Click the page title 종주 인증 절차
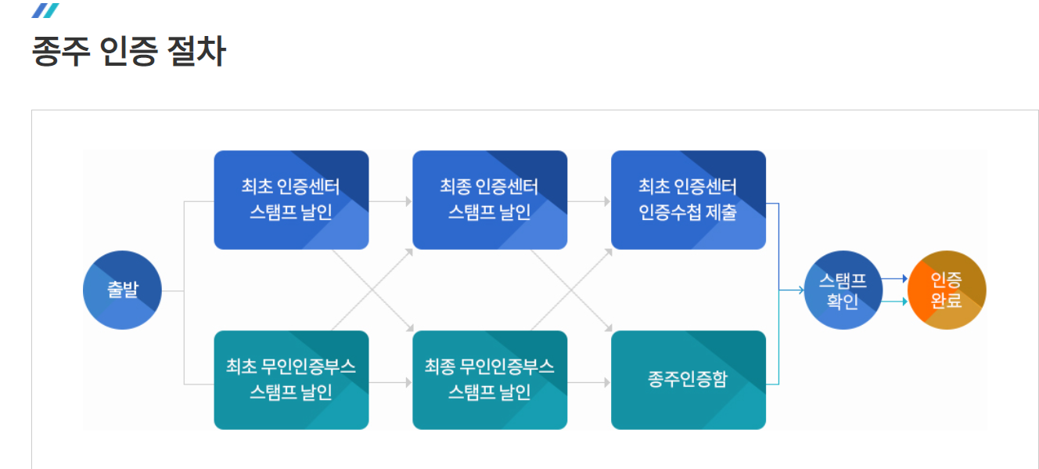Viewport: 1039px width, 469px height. (128, 52)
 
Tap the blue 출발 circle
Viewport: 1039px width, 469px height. (122, 290)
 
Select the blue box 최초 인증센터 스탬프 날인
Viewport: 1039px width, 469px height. (291, 200)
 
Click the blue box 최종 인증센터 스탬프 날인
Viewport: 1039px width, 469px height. (490, 200)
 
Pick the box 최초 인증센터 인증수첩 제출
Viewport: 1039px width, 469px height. (688, 200)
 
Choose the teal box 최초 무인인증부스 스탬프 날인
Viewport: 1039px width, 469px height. (291, 380)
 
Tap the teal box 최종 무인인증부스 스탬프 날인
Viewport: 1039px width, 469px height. (490, 380)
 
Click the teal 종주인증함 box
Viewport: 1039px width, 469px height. (688, 380)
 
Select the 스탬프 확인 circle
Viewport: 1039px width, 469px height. (843, 290)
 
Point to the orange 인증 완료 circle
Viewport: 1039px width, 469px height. (947, 290)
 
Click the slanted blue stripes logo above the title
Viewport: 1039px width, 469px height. (45, 10)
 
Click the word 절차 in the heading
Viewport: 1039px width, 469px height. (196, 52)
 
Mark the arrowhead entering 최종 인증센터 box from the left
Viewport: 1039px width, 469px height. (408, 201)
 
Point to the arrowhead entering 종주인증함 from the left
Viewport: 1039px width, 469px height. (606, 383)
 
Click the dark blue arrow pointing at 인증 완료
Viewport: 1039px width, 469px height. (902, 279)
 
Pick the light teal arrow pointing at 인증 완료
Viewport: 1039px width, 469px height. (902, 301)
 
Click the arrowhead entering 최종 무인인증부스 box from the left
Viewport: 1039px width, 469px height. (408, 383)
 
